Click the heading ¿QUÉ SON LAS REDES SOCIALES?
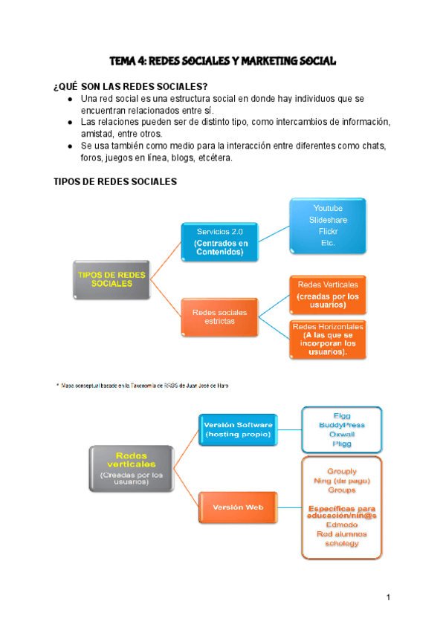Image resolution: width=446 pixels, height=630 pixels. (131, 86)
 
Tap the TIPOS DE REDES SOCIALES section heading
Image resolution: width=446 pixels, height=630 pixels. (114, 181)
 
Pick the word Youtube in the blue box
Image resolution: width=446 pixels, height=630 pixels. (328, 207)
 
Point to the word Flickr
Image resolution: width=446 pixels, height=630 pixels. (328, 231)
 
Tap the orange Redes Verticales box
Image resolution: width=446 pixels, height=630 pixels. (328, 294)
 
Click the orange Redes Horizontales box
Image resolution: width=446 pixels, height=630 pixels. (328, 339)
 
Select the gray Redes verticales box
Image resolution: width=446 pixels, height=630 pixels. (131, 468)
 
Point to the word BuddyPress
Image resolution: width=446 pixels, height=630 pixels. (342, 425)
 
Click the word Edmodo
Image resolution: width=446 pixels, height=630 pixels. (342, 524)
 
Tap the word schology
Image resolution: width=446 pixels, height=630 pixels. (342, 543)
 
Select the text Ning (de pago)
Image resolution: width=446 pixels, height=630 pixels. (342, 481)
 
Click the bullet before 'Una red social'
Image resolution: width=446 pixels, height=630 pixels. (70, 99)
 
